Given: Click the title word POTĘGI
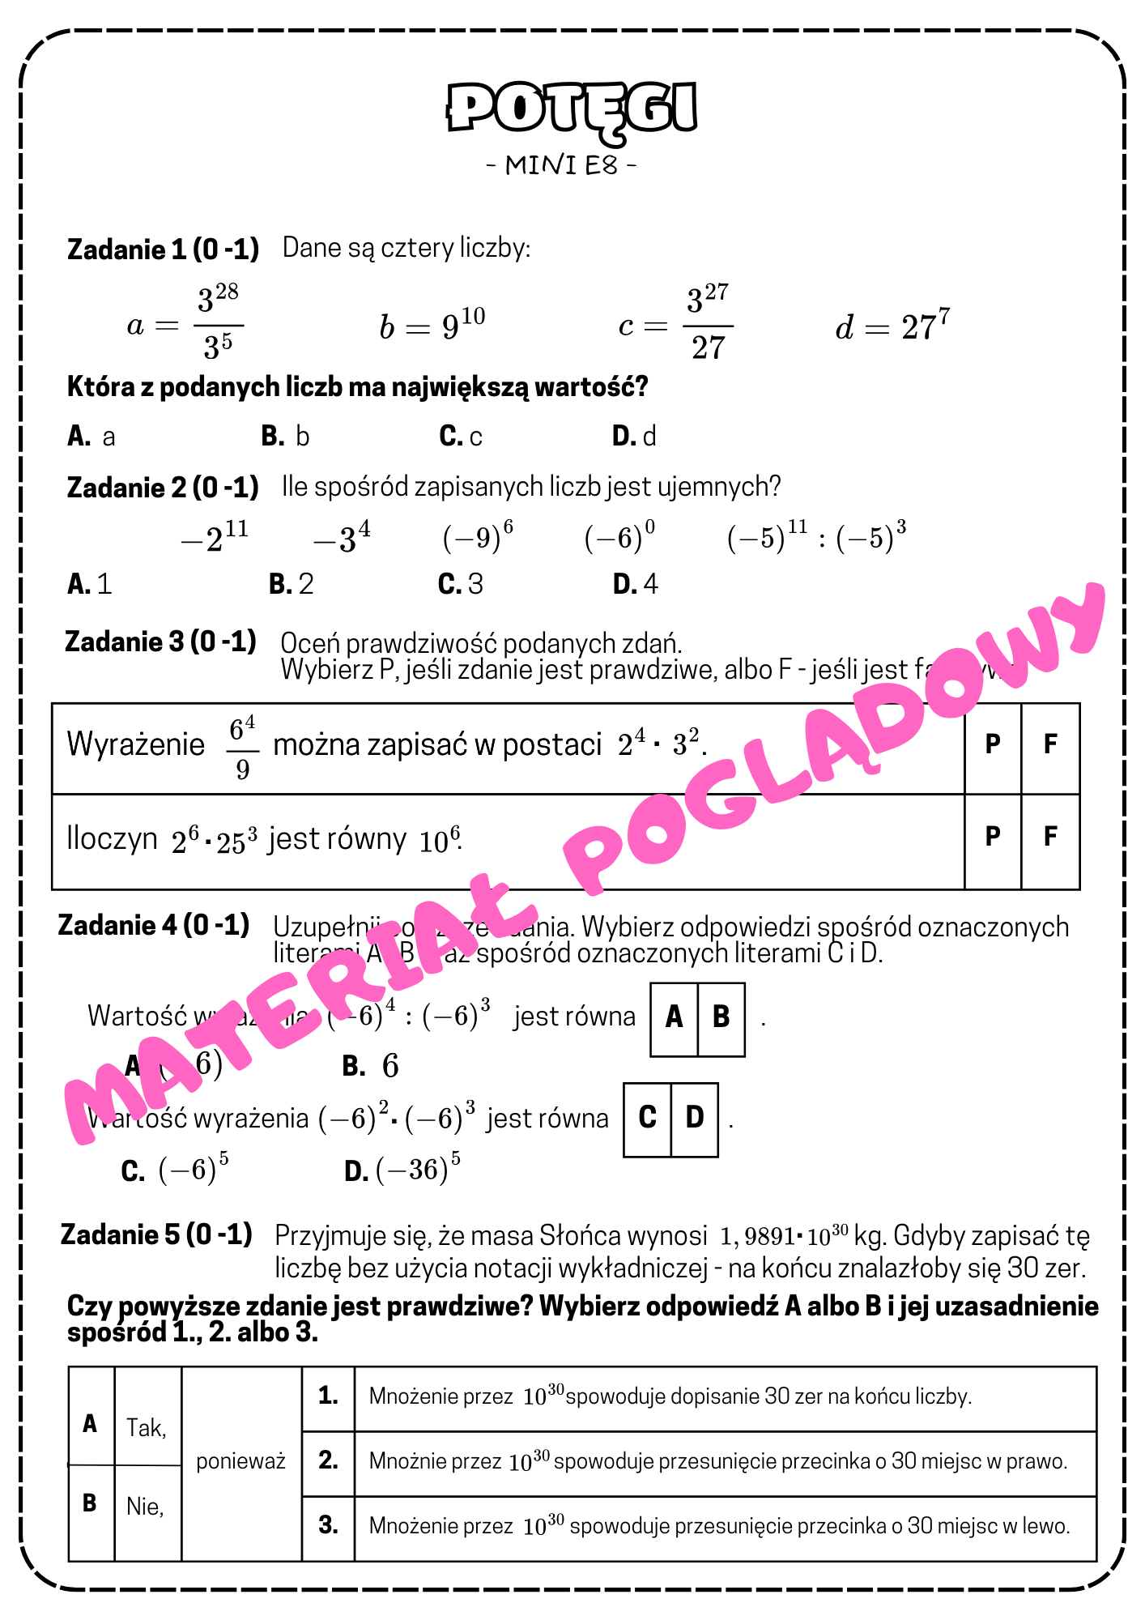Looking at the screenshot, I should coord(572,108).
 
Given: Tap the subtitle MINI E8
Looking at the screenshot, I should coord(561,165).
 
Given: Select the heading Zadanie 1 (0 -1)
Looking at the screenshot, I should coord(163,249).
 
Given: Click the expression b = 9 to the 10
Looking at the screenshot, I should coord(432,325).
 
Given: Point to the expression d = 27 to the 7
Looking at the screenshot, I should coord(892,326).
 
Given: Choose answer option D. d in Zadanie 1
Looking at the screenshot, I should coord(634,437).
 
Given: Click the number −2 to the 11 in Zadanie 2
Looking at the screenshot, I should coord(214,537).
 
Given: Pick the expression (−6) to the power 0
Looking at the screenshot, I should coord(619,537).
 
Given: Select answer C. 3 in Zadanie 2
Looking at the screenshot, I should coord(460,584).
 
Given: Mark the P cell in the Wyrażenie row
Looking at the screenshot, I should coord(993,744).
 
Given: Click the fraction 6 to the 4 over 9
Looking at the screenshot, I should coord(242,747).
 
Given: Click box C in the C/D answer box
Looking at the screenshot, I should coord(647,1117).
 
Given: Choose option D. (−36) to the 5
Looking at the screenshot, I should coord(402,1170).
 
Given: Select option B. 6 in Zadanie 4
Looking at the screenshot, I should coord(371,1066).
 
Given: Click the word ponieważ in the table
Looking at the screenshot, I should coord(241,1461).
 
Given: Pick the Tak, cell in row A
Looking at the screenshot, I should coord(147,1427).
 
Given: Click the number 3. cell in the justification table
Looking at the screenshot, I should coord(328,1525).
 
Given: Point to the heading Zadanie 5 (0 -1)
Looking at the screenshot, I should coord(156,1234).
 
